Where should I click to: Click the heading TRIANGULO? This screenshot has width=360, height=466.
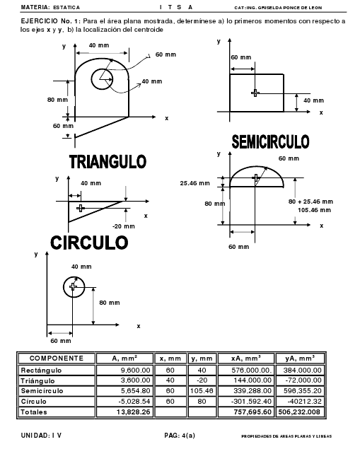[108, 162]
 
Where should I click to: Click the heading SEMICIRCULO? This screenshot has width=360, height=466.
[270, 141]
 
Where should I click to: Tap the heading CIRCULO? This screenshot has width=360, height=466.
[89, 243]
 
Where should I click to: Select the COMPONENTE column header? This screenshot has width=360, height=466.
[57, 359]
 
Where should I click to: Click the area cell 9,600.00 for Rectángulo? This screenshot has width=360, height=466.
[135, 371]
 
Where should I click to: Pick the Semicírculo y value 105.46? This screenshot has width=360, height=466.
[202, 390]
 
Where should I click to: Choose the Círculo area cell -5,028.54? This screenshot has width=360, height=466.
[134, 401]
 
